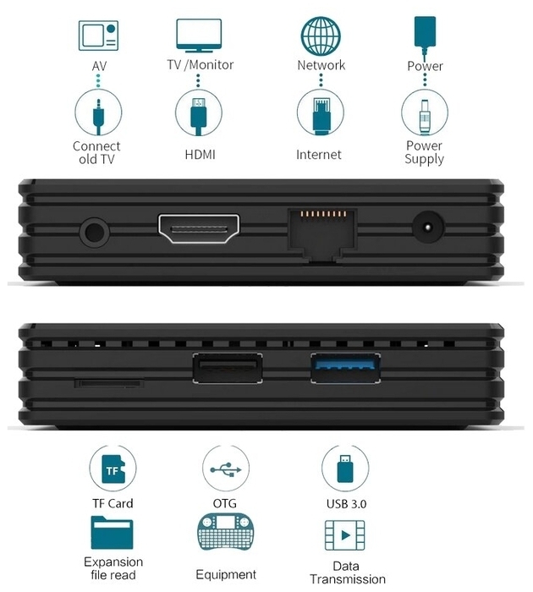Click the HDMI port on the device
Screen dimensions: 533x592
click(x=199, y=229)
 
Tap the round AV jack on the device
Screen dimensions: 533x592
click(x=95, y=232)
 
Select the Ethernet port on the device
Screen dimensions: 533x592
click(x=322, y=234)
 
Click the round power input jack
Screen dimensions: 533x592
click(x=427, y=227)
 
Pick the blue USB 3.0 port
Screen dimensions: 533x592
click(x=345, y=368)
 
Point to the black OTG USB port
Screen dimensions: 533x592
click(x=228, y=368)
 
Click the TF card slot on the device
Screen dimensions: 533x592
click(x=109, y=384)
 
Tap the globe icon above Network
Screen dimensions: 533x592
click(x=321, y=36)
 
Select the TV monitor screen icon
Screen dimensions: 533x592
click(x=199, y=36)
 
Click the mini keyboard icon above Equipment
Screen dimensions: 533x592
click(x=226, y=531)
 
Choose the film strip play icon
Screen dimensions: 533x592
click(x=345, y=535)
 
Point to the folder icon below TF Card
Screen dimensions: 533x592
click(x=112, y=532)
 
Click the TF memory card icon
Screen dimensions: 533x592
click(x=113, y=469)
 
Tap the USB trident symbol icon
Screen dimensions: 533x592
click(x=226, y=469)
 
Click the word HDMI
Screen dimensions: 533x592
click(x=200, y=155)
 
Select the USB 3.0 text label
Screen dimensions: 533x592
click(x=346, y=504)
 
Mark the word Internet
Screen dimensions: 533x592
click(x=318, y=155)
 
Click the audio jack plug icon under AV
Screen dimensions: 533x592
click(x=98, y=117)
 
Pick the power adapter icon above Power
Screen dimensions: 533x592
click(x=425, y=36)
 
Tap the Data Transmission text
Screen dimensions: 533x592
click(x=347, y=573)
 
